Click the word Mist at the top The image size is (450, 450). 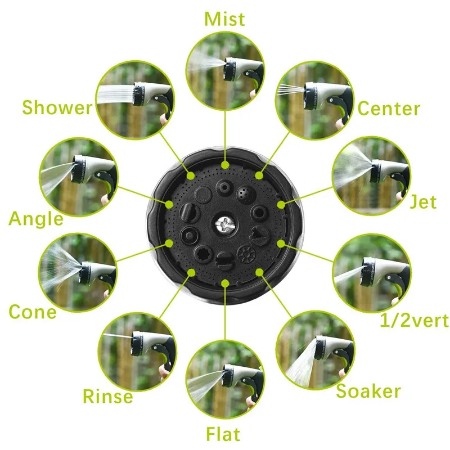(224, 19)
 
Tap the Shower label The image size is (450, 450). (57, 107)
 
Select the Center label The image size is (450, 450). (389, 108)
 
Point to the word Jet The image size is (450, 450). (422, 201)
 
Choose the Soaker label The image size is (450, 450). (368, 391)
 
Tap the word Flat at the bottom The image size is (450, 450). (223, 434)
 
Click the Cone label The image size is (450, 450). (32, 311)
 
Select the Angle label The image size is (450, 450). (36, 218)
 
